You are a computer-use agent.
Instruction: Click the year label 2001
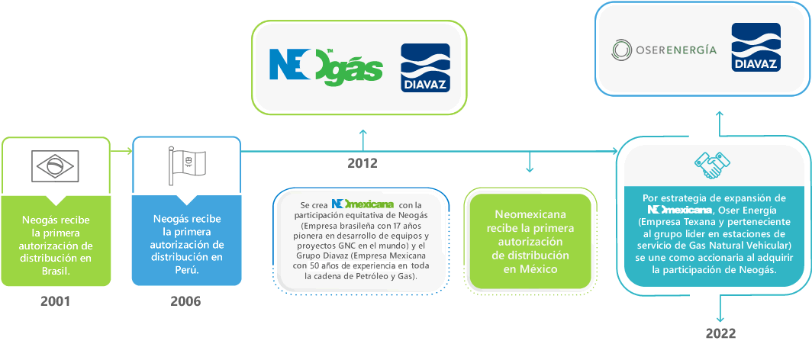[x=55, y=301]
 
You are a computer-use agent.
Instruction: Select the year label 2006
[x=185, y=301]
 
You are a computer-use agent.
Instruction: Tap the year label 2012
[x=362, y=162]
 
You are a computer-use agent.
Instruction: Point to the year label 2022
[x=720, y=333]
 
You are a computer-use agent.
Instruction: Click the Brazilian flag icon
[x=56, y=166]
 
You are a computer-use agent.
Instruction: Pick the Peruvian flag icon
[x=185, y=166]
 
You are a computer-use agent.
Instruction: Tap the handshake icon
[x=713, y=165]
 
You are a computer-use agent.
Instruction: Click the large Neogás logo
[x=326, y=66]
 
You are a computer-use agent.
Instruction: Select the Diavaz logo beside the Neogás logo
[x=425, y=68]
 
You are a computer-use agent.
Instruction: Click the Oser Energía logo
[x=665, y=50]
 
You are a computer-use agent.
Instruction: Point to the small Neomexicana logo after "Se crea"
[x=362, y=204]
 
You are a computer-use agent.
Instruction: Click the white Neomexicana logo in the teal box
[x=679, y=209]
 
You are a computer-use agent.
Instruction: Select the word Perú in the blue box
[x=186, y=269]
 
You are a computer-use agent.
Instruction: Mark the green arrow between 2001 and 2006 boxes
[x=121, y=151]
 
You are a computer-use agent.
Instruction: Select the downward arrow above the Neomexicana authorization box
[x=529, y=162]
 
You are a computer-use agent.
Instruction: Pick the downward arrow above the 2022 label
[x=720, y=310]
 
